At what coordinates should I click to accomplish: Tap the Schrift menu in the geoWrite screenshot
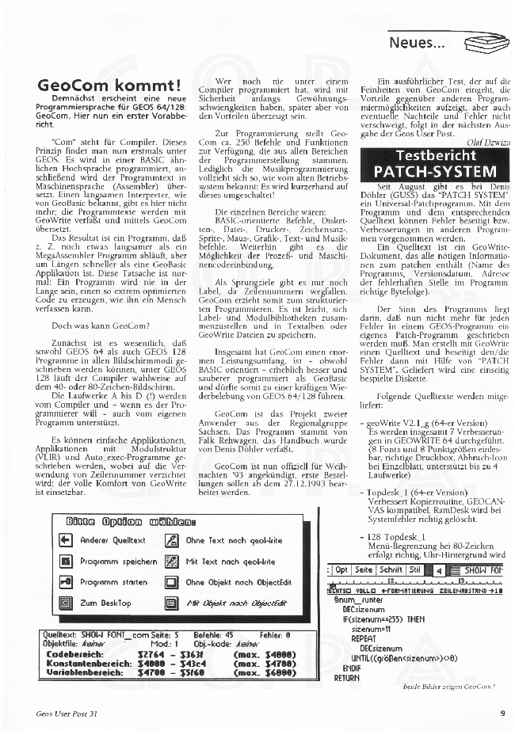click(x=390, y=569)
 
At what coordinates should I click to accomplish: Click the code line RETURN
click(x=346, y=678)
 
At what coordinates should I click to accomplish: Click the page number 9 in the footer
click(x=502, y=712)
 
